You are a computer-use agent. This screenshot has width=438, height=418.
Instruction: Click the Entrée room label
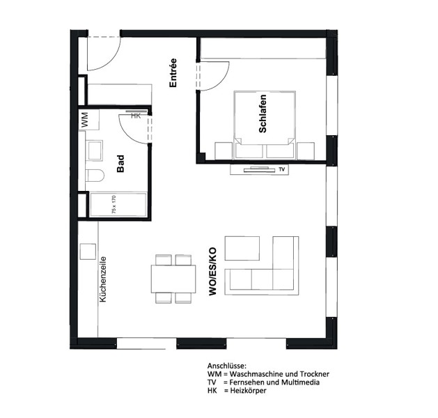coord(173,73)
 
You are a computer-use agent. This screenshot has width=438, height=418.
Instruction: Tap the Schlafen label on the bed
coord(263,114)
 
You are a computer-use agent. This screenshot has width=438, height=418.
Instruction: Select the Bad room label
coord(120,164)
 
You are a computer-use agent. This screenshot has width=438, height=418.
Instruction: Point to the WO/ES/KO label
coord(212,271)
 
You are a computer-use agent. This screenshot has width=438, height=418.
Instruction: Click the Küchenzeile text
coord(103,279)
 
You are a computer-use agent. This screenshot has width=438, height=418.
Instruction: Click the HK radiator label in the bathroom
coord(136,116)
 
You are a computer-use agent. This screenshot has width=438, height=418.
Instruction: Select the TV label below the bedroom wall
coord(281,169)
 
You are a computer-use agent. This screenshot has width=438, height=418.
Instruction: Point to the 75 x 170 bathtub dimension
coord(114,205)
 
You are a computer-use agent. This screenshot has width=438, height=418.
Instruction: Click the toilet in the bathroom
coord(95,176)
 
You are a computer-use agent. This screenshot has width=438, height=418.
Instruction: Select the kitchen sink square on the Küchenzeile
coord(88,251)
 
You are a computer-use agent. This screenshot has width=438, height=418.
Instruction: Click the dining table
coord(173,279)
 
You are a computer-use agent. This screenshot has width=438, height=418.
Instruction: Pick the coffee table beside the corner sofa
coord(242,249)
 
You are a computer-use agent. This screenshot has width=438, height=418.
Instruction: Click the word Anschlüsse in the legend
coord(227,366)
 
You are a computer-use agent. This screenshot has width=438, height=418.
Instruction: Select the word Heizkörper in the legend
coord(248,391)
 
